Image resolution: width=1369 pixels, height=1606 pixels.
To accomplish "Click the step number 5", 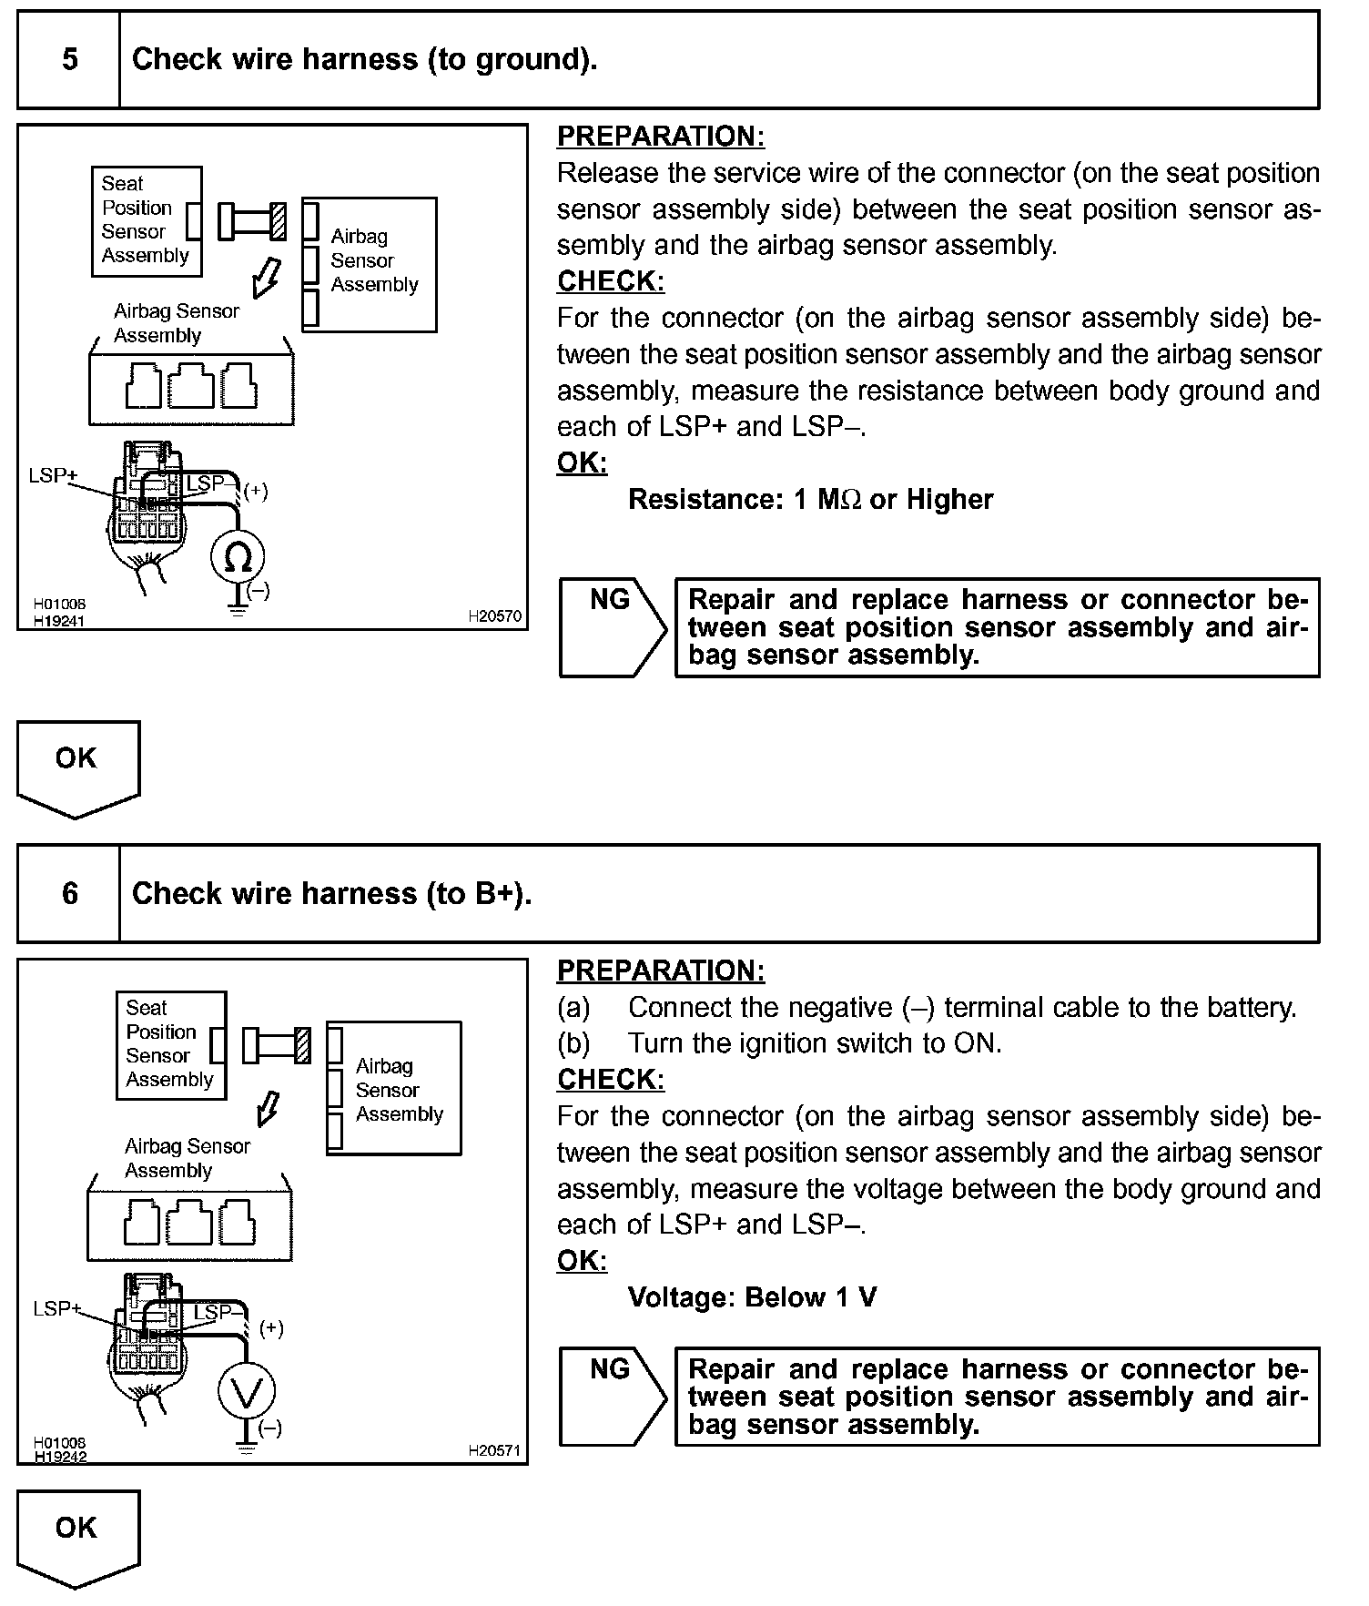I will (x=69, y=60).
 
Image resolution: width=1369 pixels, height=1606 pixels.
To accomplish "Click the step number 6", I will (x=69, y=893).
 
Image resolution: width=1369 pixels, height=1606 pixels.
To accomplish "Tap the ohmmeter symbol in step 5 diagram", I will (x=238, y=557).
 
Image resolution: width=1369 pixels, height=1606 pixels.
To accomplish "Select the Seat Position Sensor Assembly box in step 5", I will (x=147, y=220).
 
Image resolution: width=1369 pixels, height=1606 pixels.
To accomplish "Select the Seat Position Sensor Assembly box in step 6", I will (x=170, y=1044).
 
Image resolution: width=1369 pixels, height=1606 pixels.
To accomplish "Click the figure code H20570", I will (x=494, y=616).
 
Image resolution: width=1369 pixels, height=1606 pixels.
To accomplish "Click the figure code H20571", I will (x=494, y=1450).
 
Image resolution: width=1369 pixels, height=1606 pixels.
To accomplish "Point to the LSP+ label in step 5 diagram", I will (x=53, y=476).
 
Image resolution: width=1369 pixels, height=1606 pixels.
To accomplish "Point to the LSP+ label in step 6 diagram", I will (x=56, y=1309).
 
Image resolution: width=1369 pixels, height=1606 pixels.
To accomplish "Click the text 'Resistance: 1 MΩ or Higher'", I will (x=810, y=499).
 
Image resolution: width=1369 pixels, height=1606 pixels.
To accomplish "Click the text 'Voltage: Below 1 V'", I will (x=752, y=1297).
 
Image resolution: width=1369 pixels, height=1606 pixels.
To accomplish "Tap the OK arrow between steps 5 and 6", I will (x=77, y=765).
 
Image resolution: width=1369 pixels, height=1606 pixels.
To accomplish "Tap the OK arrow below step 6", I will (x=77, y=1534).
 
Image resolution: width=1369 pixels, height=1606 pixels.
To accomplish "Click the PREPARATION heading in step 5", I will (x=660, y=137).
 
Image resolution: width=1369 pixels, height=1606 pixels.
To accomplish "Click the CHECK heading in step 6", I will (x=610, y=1080).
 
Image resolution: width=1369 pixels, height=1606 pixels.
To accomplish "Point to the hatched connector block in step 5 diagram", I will (x=279, y=221).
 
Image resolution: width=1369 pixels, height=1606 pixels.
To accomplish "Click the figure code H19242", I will (x=60, y=1457).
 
